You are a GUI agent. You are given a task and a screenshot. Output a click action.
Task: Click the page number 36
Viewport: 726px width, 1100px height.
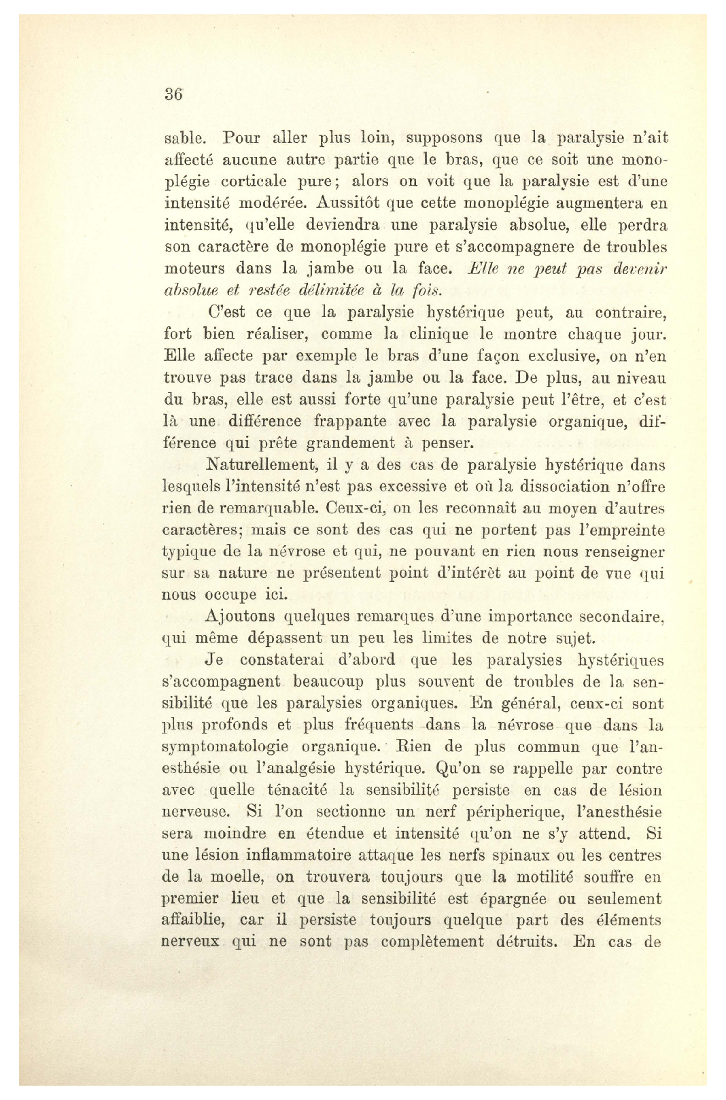pyautogui.click(x=173, y=94)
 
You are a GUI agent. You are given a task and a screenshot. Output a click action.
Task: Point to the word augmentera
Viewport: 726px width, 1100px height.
pyautogui.click(x=599, y=203)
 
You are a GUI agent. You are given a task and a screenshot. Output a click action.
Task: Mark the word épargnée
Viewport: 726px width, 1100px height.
pyautogui.click(x=510, y=899)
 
